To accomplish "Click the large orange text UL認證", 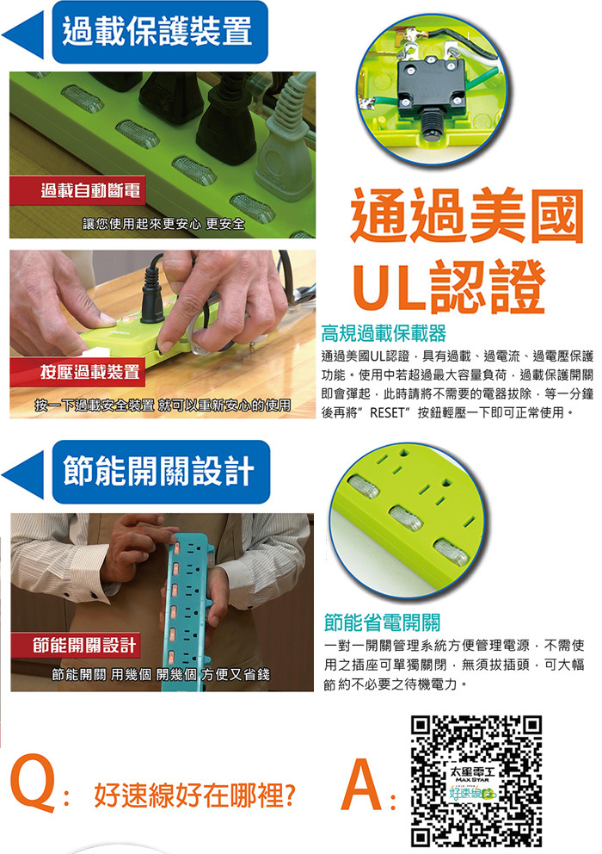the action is click(x=449, y=287).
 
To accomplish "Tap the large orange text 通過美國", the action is click(x=467, y=216).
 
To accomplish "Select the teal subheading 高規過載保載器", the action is click(x=384, y=333).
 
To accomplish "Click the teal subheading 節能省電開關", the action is click(x=382, y=622).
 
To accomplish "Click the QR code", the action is click(x=476, y=781).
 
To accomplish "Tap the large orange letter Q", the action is click(x=33, y=782).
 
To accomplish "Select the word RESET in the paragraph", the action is click(x=387, y=413).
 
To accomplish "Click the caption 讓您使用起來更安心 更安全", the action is click(x=163, y=224).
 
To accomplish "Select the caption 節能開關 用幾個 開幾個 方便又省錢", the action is click(x=161, y=674).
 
